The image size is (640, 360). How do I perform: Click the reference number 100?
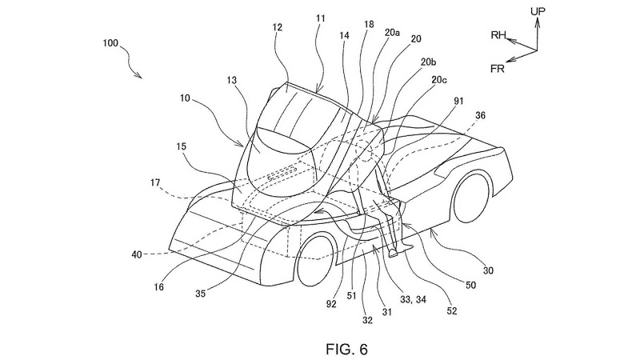110,43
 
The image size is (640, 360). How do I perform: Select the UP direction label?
538,11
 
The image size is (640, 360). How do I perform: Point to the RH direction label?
498,35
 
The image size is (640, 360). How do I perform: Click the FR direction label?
497,69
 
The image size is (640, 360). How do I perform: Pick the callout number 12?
278,27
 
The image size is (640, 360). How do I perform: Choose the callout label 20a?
392,33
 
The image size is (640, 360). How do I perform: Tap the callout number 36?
481,115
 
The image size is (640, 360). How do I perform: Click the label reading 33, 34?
413,299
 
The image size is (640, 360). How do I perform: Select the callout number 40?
137,254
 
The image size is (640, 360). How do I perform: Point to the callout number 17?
155,183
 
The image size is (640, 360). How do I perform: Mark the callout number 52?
452,311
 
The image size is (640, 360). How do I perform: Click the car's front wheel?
317,259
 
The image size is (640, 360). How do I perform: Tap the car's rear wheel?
471,198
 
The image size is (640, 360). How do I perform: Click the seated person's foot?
394,253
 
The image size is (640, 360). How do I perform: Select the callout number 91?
458,101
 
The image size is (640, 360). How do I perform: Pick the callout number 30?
488,270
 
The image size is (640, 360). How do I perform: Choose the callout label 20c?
438,80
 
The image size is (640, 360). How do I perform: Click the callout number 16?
158,287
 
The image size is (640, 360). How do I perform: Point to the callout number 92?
331,304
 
